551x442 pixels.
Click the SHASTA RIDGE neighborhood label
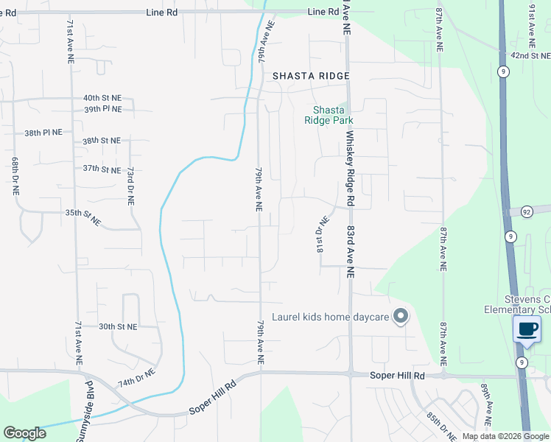(x=310, y=76)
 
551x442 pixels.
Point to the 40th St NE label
(x=102, y=97)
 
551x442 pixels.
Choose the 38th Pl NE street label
(x=43, y=133)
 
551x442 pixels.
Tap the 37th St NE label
(x=101, y=169)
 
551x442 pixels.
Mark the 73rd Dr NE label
(x=130, y=184)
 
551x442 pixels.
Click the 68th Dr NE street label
(x=15, y=175)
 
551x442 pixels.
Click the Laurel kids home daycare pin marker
(x=401, y=317)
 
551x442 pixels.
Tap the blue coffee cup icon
(x=527, y=329)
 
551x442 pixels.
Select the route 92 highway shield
(x=527, y=211)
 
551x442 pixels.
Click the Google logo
(x=25, y=433)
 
